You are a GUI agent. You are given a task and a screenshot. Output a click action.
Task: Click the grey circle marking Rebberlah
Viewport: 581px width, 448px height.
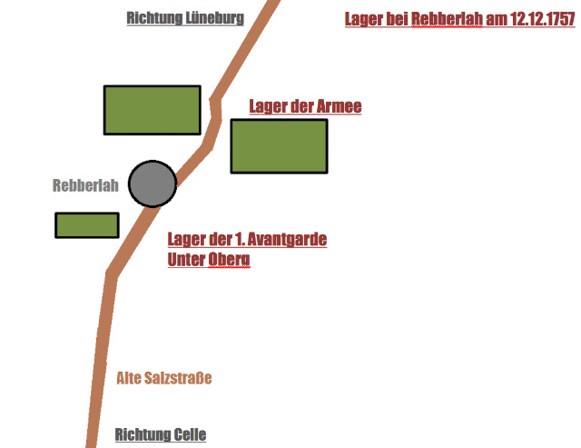pyautogui.click(x=152, y=184)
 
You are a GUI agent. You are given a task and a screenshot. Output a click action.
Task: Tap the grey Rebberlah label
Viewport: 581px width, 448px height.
pyautogui.click(x=85, y=185)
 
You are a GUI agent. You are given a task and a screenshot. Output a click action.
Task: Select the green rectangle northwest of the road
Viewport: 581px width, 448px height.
pyautogui.click(x=152, y=110)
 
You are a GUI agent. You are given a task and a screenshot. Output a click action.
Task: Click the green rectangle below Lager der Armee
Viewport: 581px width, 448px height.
pyautogui.click(x=279, y=145)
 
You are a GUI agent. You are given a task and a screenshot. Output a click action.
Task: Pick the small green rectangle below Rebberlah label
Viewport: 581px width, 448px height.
pyautogui.click(x=87, y=224)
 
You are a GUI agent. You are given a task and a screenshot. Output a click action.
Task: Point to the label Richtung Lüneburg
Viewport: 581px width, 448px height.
pyautogui.click(x=185, y=17)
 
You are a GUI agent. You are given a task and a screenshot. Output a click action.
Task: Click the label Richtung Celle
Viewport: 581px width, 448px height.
pyautogui.click(x=161, y=434)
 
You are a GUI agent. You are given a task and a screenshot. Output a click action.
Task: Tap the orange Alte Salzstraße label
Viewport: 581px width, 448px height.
pyautogui.click(x=164, y=377)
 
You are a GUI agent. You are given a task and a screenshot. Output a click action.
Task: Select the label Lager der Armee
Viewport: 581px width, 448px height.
pyautogui.click(x=305, y=106)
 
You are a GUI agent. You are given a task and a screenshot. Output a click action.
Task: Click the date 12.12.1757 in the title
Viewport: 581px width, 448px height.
pyautogui.click(x=532, y=20)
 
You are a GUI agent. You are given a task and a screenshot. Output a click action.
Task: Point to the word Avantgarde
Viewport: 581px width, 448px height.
pyautogui.click(x=281, y=240)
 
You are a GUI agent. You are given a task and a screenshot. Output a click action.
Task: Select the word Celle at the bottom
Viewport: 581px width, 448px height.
pyautogui.click(x=189, y=434)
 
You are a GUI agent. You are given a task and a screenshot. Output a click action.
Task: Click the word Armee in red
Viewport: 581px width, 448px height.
pyautogui.click(x=340, y=106)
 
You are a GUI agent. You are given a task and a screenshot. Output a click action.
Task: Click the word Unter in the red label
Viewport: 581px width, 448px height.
pyautogui.click(x=186, y=259)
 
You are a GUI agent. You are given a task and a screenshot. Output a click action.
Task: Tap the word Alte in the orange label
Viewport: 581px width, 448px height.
pyautogui.click(x=131, y=377)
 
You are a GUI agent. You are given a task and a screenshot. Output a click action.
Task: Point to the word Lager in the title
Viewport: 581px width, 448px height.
pyautogui.click(x=364, y=20)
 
